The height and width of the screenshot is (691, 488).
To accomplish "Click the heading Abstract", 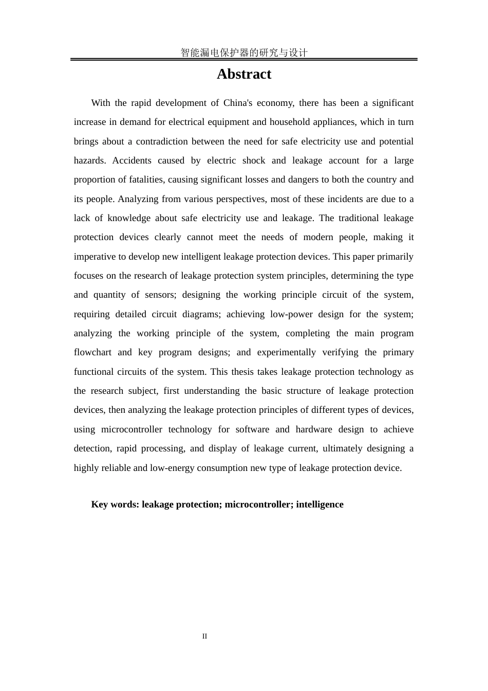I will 243,74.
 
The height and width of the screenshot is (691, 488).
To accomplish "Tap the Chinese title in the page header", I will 243,52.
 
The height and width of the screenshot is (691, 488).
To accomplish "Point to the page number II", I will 204,637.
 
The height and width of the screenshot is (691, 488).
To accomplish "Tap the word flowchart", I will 92,353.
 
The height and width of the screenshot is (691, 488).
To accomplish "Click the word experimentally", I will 286,353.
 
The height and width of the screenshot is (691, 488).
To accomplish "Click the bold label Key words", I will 115,504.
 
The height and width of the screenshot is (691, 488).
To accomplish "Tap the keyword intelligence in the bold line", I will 320,504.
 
